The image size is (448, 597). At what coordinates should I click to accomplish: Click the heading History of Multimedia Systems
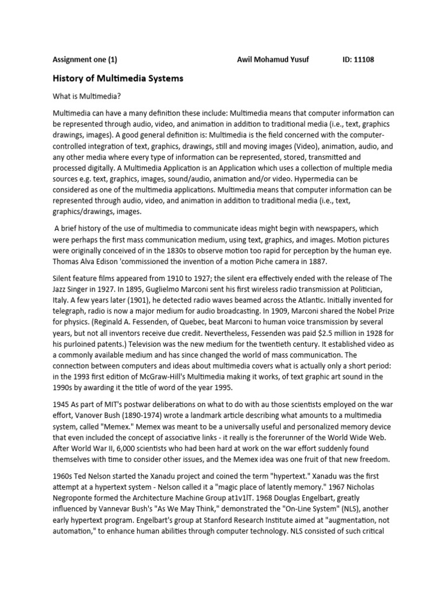118,78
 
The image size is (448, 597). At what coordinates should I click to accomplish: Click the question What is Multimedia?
87,96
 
